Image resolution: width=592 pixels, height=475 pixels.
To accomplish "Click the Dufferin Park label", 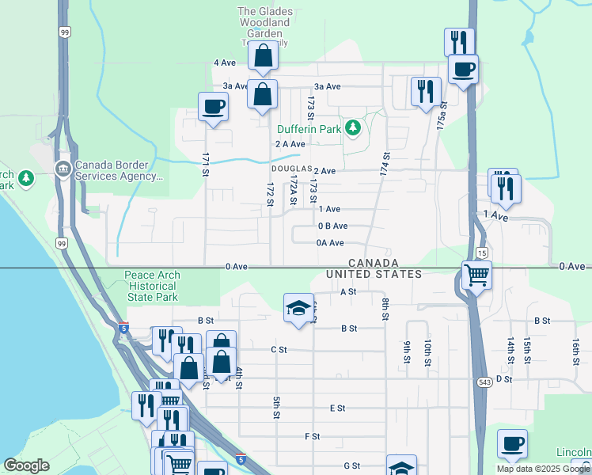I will click(x=309, y=128).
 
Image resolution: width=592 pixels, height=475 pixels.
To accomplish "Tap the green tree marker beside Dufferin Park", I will click(x=352, y=127).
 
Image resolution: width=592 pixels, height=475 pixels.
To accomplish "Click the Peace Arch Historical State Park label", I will click(x=152, y=286).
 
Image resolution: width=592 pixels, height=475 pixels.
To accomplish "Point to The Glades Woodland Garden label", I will click(x=266, y=23).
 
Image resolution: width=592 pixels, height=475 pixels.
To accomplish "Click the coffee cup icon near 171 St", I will click(x=214, y=107).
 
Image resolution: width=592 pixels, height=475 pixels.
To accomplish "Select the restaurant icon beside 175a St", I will click(x=426, y=91).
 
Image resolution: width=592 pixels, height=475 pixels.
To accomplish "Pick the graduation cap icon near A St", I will click(x=298, y=309).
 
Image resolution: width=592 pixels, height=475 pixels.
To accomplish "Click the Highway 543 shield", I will click(x=486, y=382).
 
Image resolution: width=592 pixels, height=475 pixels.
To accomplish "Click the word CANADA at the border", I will click(x=372, y=262).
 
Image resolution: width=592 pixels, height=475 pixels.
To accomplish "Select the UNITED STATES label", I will click(x=374, y=274).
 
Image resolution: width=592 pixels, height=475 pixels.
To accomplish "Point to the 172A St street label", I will click(x=292, y=190).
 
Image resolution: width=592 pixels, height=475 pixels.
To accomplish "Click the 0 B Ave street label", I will click(x=332, y=226).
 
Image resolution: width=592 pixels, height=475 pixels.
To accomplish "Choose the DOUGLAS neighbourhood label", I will click(x=290, y=170).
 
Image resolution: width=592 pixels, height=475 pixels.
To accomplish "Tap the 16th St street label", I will click(x=575, y=349).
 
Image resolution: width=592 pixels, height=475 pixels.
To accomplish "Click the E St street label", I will click(x=337, y=408).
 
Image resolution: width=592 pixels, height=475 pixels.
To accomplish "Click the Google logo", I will click(x=26, y=465).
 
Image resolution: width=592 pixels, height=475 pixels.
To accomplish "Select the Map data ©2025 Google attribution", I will click(x=542, y=469).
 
